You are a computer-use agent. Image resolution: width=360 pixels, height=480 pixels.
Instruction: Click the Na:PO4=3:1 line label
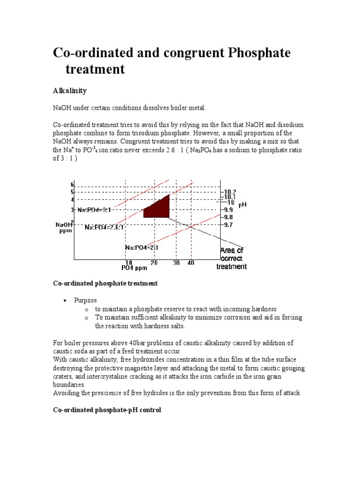click(x=94, y=210)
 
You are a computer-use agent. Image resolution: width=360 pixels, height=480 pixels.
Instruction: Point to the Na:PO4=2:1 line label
click(x=141, y=247)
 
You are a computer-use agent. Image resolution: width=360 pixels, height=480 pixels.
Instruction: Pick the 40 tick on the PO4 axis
click(x=191, y=263)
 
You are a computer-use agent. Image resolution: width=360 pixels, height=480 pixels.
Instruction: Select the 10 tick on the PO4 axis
click(x=128, y=263)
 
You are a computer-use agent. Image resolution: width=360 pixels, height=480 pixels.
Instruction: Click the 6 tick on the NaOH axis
click(x=73, y=185)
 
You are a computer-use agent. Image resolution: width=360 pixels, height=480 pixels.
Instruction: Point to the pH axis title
click(x=242, y=204)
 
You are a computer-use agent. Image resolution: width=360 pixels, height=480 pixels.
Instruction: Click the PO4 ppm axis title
click(x=135, y=268)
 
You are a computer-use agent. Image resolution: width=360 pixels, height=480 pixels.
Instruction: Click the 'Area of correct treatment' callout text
click(x=232, y=258)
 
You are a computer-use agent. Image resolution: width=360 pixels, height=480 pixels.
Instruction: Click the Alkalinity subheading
click(x=69, y=90)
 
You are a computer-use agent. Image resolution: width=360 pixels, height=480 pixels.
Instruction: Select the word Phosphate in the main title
click(x=259, y=52)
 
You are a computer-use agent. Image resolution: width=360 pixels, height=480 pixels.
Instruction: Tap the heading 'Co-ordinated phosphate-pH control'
click(x=107, y=410)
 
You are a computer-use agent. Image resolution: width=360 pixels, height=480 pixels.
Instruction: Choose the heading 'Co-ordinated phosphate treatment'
click(x=105, y=283)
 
